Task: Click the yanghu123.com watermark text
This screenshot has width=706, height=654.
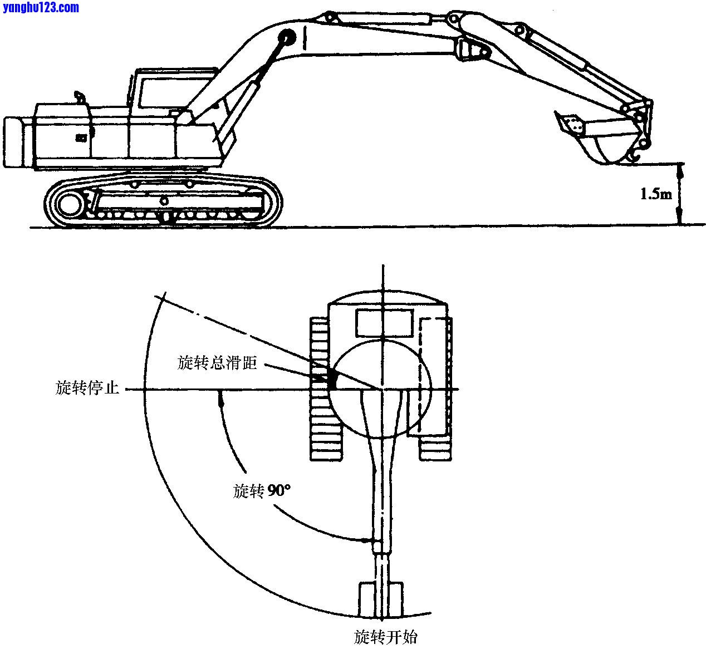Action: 41,7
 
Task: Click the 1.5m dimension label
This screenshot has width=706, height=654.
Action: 655,194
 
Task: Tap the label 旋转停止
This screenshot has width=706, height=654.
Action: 87,387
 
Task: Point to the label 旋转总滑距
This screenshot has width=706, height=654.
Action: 217,363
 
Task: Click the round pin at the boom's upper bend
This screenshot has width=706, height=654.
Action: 288,38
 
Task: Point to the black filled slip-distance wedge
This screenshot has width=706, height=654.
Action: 332,380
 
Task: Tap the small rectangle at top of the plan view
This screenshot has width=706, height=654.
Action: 384,323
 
